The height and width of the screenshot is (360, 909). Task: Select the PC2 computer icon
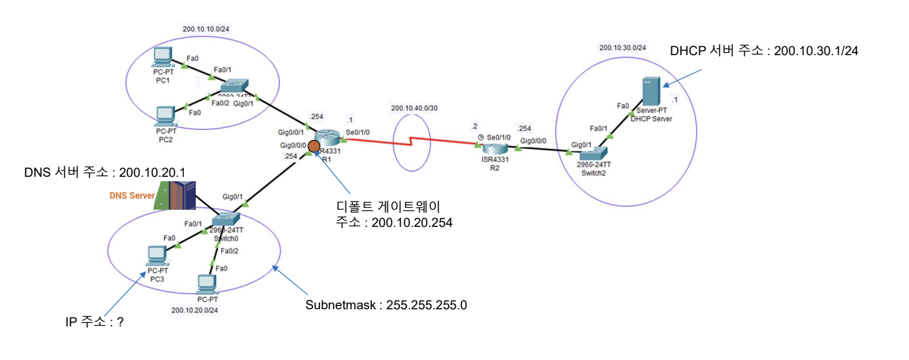165,114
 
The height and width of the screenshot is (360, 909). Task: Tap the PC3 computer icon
155,255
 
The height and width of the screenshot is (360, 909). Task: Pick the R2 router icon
494,148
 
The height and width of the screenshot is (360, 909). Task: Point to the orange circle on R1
313,149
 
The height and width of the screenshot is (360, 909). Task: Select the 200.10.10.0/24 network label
205,29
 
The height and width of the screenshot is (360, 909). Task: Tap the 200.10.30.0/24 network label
623,48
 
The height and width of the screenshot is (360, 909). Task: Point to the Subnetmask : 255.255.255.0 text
386,305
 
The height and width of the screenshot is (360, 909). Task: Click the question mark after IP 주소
120,322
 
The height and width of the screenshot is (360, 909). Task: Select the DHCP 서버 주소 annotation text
764,51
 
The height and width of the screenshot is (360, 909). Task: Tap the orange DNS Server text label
132,196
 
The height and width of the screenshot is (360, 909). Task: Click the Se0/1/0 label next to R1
359,132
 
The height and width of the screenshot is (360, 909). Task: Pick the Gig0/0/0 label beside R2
534,141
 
